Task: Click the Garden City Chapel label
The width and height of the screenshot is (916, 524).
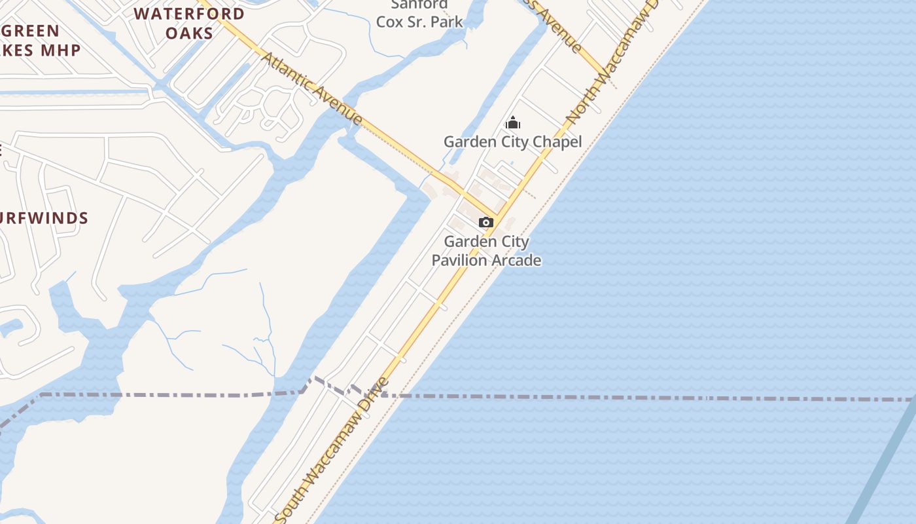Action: (512, 141)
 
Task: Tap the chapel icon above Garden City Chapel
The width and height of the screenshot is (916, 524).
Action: (513, 122)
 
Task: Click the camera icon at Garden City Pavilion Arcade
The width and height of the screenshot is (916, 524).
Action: (485, 223)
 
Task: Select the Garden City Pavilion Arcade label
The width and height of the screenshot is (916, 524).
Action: (486, 251)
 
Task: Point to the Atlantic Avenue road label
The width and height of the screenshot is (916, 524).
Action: (311, 88)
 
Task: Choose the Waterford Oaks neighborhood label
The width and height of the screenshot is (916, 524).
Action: (189, 23)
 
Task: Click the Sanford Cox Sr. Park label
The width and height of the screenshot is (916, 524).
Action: (419, 14)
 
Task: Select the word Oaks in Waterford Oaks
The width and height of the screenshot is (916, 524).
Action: (189, 33)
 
